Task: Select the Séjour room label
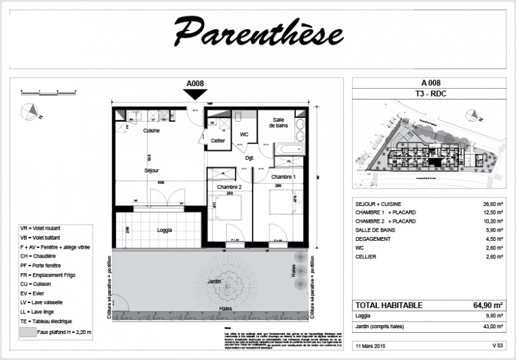[x=152, y=170]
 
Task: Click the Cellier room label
[x=218, y=141]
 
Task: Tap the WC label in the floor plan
[x=244, y=135]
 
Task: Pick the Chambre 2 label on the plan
[x=229, y=187]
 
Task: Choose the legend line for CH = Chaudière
[x=44, y=256]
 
